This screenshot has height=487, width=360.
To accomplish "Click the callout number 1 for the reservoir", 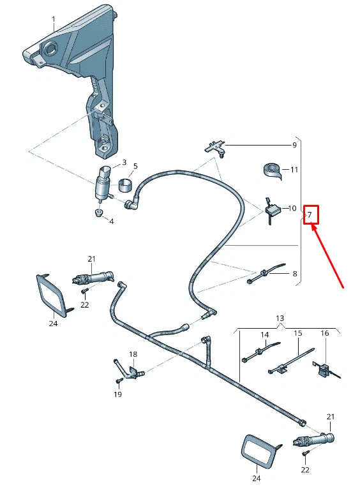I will (x=54, y=19).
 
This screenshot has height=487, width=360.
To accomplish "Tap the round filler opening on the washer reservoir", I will (x=49, y=49).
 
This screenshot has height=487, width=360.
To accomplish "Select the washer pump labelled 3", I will (x=102, y=182).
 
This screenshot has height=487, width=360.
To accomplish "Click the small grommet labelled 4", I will (x=98, y=212).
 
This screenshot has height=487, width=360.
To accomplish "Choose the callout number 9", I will (x=294, y=145).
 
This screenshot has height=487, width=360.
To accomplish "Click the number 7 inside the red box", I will (x=310, y=214).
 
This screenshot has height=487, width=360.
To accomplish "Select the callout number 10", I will (x=292, y=208).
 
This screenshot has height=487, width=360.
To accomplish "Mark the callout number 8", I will (x=294, y=274).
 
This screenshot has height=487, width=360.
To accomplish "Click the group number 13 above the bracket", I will (x=280, y=318).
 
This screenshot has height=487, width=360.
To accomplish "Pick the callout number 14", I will (x=264, y=334).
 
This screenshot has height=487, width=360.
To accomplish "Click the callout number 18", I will (x=133, y=354).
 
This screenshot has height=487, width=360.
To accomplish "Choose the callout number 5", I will (x=135, y=165).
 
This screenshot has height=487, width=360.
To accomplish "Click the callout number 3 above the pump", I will (x=124, y=163).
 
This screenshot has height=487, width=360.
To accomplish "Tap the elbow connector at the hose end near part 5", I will (x=133, y=206).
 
